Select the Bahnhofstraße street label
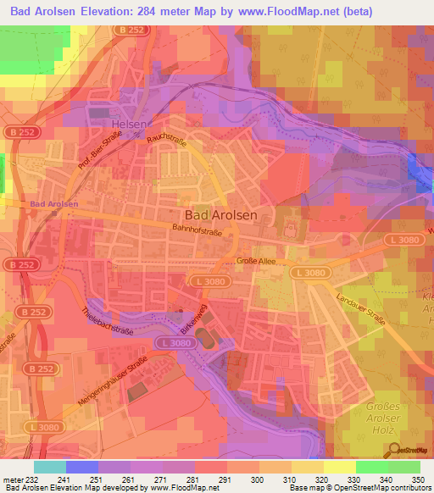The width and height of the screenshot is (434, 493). (x=202, y=228)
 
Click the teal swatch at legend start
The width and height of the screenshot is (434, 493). (x=50, y=467)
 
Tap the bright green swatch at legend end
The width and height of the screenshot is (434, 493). (x=404, y=467)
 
